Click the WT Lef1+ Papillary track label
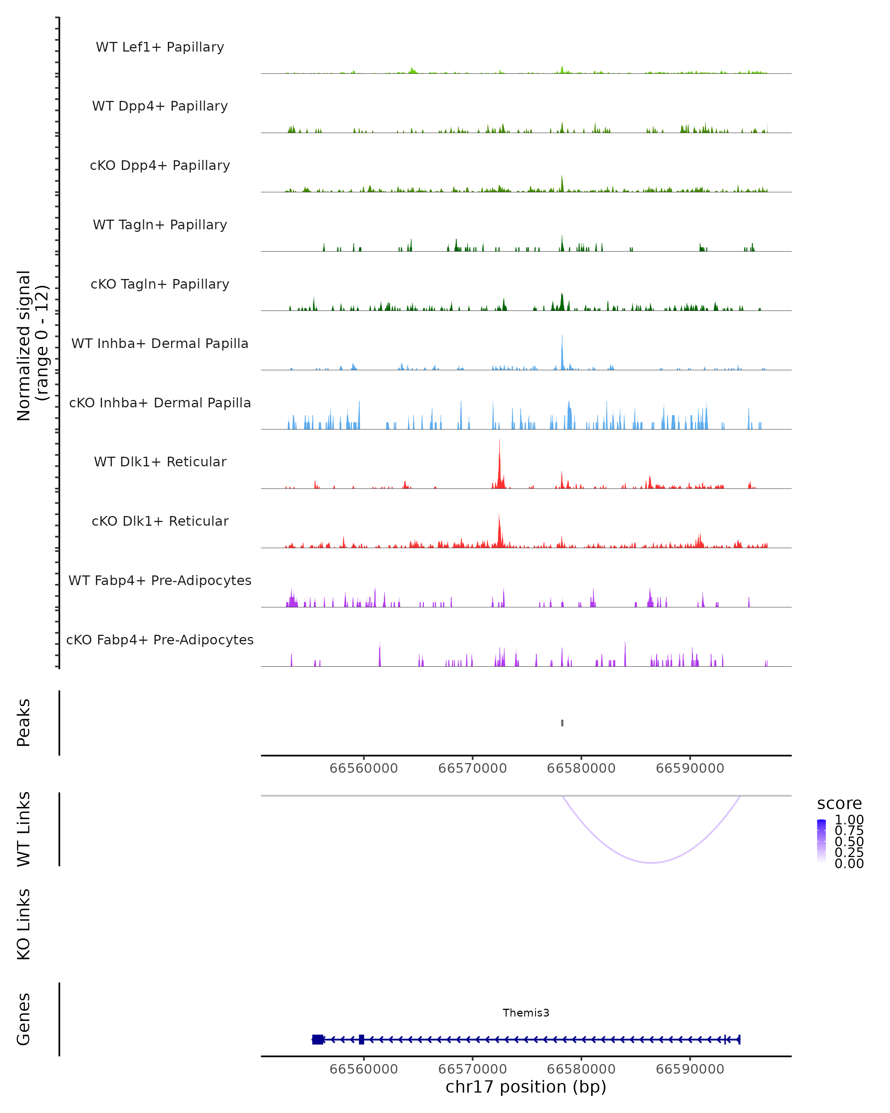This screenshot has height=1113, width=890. pyautogui.click(x=160, y=47)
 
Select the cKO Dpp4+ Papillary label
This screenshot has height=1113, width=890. pyautogui.click(x=160, y=165)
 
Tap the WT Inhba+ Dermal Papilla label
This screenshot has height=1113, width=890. pyautogui.click(x=160, y=343)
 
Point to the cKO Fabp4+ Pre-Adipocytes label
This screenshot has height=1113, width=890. pyautogui.click(x=160, y=640)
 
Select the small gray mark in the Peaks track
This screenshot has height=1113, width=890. pyautogui.click(x=562, y=723)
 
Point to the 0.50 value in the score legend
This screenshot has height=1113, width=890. pyautogui.click(x=849, y=841)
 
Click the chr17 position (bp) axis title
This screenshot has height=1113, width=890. pyautogui.click(x=526, y=1087)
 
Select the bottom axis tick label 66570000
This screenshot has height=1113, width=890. pyautogui.click(x=472, y=1068)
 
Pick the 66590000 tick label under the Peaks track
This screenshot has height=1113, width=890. pyautogui.click(x=690, y=768)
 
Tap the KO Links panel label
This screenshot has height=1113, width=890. pyautogui.click(x=24, y=924)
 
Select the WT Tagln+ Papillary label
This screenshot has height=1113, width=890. pyautogui.click(x=160, y=224)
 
